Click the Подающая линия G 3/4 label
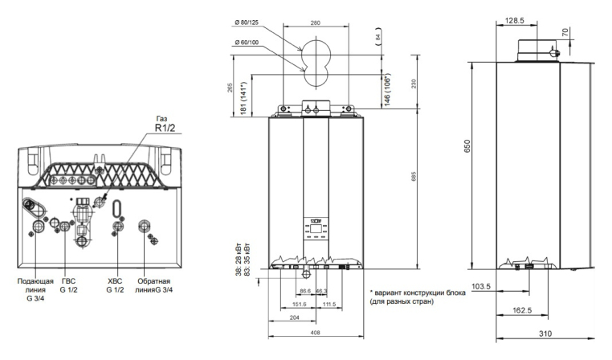[35, 291]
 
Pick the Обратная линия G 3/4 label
[155, 288]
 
